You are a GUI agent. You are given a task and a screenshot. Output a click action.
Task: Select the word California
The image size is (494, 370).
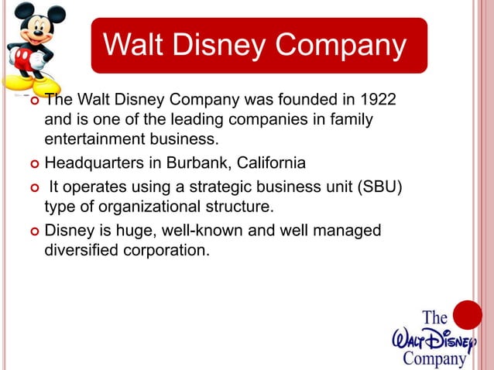point(270,163)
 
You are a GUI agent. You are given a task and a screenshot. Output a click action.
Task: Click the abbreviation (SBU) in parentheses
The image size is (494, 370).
point(376,187)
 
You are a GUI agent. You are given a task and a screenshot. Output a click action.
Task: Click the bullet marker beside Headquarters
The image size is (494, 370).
point(33,164)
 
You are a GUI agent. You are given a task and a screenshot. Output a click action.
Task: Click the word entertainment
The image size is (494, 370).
point(91,140)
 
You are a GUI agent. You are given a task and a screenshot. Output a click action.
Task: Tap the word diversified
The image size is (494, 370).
point(81,250)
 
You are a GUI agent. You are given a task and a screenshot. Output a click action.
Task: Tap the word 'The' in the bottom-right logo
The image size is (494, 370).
point(434,318)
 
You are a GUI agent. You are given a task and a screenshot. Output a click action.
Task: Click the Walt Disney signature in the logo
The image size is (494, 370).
point(432,338)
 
